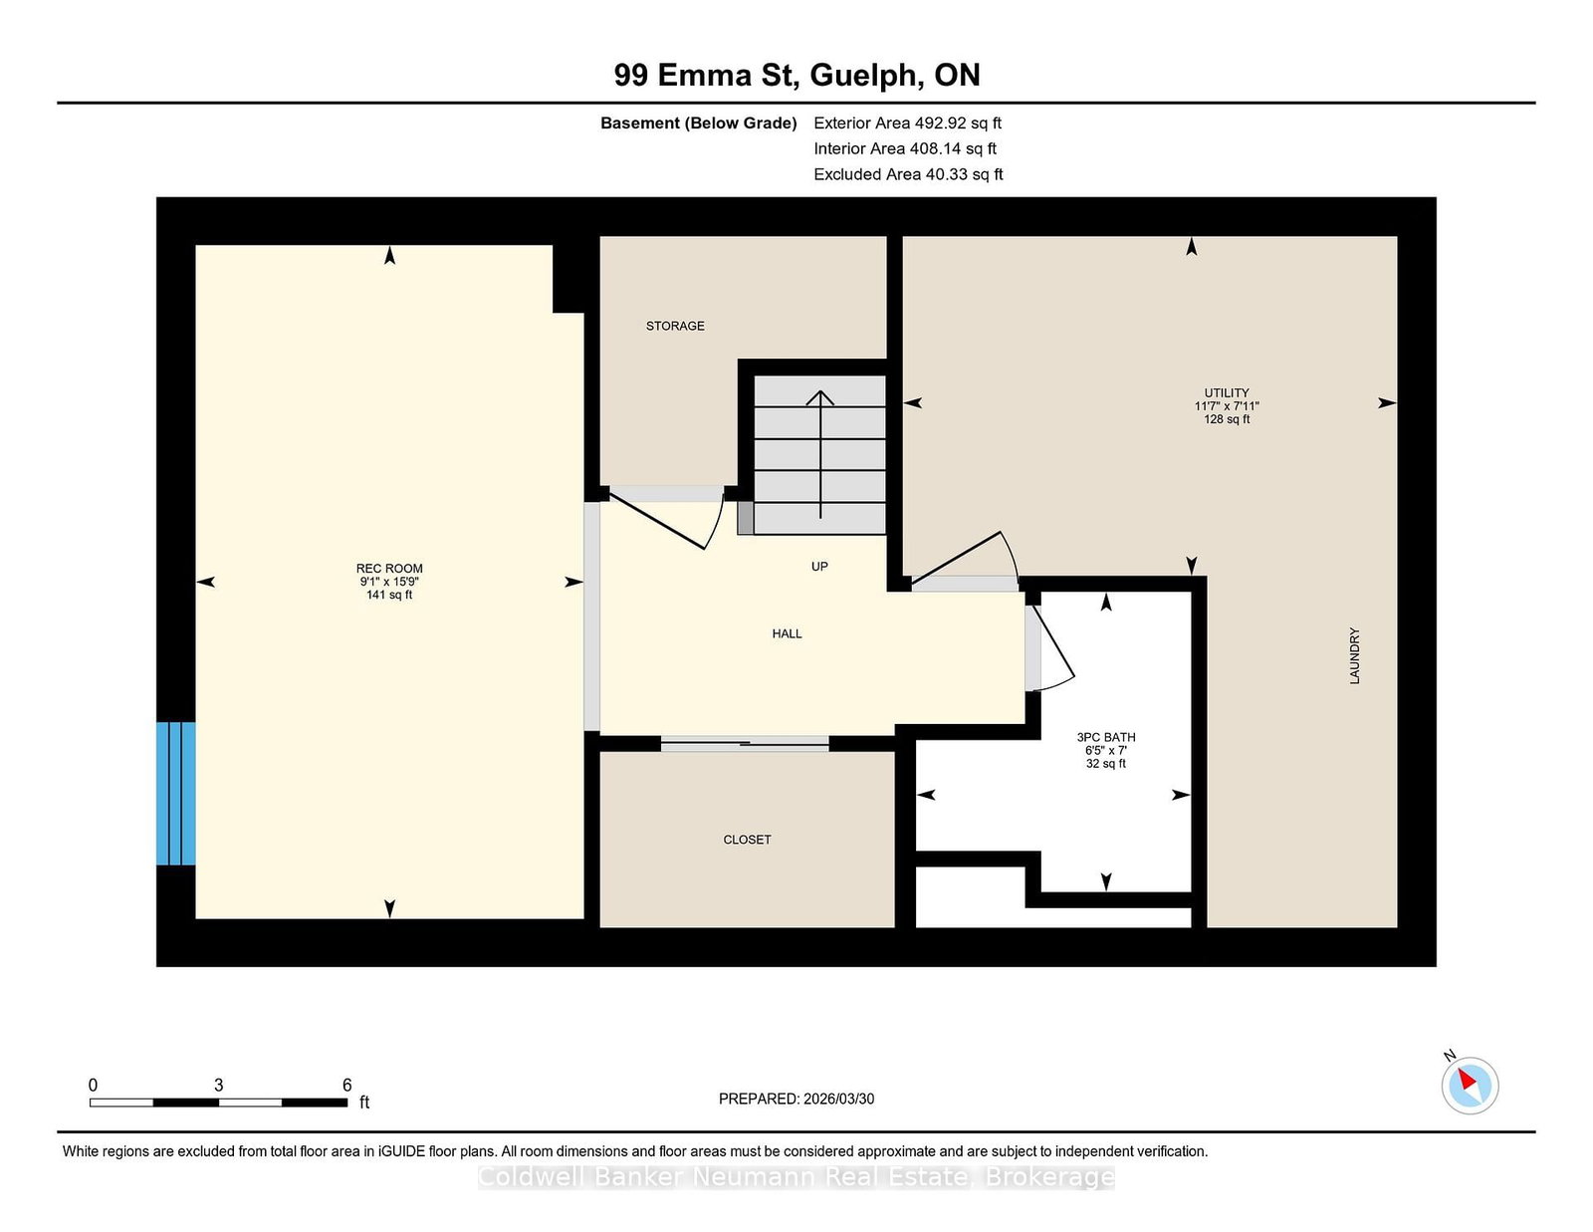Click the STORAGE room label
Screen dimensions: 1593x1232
pos(674,326)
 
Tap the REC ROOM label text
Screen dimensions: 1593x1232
pos(389,569)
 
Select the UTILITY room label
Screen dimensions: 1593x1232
pos(1227,393)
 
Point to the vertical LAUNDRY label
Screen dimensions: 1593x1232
pos(1354,655)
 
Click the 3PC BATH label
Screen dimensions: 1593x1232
pos(1105,737)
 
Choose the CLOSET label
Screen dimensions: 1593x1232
pos(747,840)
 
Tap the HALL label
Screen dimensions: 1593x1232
pos(787,633)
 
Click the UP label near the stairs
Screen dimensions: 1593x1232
pos(819,566)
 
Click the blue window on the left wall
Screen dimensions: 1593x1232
pos(176,794)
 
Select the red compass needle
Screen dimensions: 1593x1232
pos(1467,1080)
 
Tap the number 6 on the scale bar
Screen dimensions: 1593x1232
pos(346,1085)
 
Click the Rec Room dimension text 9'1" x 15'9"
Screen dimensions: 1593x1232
pos(389,582)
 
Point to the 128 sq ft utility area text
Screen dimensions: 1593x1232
pos(1227,419)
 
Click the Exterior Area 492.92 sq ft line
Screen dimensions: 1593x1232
pos(908,123)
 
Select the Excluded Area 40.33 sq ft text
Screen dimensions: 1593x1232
pos(908,174)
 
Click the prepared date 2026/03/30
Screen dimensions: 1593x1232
pos(838,1099)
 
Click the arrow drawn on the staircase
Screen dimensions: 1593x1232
pos(820,454)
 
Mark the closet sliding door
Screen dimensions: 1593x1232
pos(745,744)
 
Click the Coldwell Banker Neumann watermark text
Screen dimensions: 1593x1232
pos(796,1177)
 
